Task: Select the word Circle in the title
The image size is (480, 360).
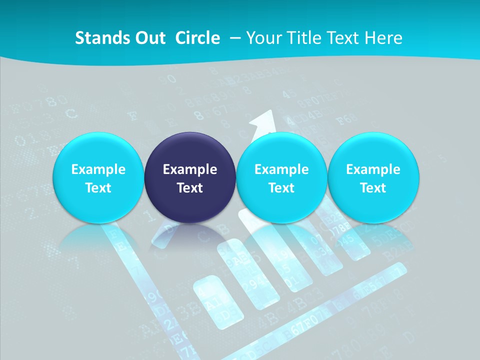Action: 197,38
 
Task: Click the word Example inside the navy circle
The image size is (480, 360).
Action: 190,169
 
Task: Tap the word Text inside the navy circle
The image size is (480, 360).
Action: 190,188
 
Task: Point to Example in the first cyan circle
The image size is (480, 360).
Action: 98,169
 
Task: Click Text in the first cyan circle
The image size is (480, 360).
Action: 98,188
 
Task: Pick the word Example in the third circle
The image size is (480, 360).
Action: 281,169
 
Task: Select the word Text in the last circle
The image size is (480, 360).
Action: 373,188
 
